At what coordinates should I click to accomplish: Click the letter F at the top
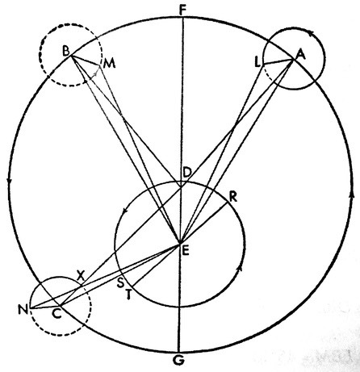(x=182, y=11)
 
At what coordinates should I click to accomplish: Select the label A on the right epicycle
(x=301, y=55)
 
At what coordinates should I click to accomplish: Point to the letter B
(x=66, y=51)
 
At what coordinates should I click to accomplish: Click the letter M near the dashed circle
(x=110, y=64)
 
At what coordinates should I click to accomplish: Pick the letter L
(x=257, y=63)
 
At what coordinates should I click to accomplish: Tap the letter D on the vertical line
(x=186, y=172)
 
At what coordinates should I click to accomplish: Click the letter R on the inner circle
(x=233, y=197)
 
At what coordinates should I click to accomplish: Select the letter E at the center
(x=186, y=251)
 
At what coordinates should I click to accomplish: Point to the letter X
(x=80, y=274)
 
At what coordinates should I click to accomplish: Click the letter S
(x=120, y=283)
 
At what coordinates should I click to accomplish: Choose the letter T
(x=128, y=295)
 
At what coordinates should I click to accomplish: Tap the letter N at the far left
(x=23, y=310)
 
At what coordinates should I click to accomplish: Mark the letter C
(x=57, y=314)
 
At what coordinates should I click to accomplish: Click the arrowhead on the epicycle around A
(x=311, y=33)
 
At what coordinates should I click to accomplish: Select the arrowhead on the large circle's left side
(x=10, y=181)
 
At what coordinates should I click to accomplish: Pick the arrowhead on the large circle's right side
(x=351, y=194)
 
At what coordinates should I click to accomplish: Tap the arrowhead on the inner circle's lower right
(x=241, y=268)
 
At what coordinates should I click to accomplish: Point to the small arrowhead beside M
(x=95, y=73)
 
